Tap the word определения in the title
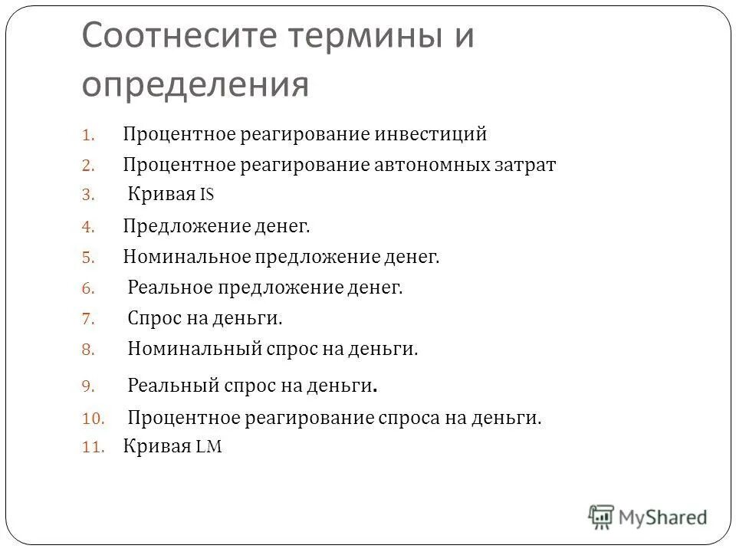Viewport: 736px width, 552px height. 195,84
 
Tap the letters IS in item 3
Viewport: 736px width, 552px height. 207,195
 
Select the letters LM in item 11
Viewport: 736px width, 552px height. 209,448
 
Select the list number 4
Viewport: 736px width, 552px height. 87,227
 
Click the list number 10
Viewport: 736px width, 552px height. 91,419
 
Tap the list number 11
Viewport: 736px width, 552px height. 91,449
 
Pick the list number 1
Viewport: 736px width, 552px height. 87,136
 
